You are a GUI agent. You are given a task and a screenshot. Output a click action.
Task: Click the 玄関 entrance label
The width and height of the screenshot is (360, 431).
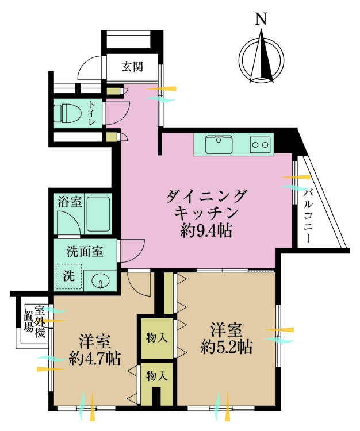(x=132, y=67)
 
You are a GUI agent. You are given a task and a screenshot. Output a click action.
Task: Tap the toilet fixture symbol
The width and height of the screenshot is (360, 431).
(x=68, y=113)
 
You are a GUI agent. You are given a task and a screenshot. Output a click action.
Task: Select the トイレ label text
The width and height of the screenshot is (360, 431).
(x=91, y=113)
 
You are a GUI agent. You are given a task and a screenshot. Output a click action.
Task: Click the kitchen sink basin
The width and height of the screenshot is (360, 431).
(x=219, y=145)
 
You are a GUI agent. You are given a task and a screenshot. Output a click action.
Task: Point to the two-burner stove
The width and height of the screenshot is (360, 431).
(x=260, y=144)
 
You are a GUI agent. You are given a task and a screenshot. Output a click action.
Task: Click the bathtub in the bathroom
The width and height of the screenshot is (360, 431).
(x=99, y=214)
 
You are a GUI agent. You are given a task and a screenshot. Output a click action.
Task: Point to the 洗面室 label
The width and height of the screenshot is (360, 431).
(x=85, y=252)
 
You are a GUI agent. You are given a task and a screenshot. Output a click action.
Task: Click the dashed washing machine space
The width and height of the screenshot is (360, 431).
(x=69, y=276)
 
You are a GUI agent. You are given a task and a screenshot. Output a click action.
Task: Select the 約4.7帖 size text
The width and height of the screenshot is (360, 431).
(x=95, y=358)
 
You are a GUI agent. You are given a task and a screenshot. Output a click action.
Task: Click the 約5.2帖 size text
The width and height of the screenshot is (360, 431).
(x=227, y=347)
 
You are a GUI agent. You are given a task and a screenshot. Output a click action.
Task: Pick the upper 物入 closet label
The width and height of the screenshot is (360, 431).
(x=157, y=337)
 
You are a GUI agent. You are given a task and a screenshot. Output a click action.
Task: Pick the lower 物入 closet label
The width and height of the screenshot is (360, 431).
(x=157, y=376)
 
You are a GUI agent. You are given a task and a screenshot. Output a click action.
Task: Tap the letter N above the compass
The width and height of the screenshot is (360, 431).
(x=261, y=20)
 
